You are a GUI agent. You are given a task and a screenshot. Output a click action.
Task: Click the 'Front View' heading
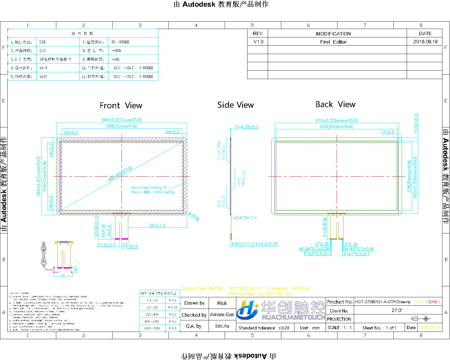pyautogui.click(x=121, y=105)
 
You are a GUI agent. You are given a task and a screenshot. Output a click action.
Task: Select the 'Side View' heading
pyautogui.click(x=235, y=105)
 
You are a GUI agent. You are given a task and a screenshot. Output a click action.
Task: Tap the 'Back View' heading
pyautogui.click(x=335, y=104)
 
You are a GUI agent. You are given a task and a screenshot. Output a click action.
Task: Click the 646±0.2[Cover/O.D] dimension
pyautogui.click(x=121, y=120)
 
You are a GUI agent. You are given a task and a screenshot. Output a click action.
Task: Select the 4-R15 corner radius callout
pyautogui.click(x=194, y=216)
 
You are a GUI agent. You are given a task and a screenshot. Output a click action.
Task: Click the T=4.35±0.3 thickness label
pyautogui.click(x=247, y=127)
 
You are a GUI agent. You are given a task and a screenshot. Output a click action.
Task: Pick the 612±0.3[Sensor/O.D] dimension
pyautogui.click(x=336, y=120)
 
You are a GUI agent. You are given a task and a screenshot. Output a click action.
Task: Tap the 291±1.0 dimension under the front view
pyautogui.click(x=157, y=226)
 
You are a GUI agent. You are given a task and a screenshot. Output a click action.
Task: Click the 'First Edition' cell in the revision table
pyautogui.click(x=333, y=42)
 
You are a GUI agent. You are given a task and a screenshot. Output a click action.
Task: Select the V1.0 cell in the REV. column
pyautogui.click(x=258, y=42)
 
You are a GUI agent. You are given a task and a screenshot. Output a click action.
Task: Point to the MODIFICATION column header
pyautogui.click(x=333, y=34)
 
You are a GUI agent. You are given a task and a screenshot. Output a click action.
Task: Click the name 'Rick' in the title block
pyautogui.click(x=222, y=303)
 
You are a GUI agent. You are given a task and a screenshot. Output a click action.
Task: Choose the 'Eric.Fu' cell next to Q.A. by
pyautogui.click(x=222, y=326)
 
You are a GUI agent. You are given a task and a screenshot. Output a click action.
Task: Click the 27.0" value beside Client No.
pyautogui.click(x=397, y=310)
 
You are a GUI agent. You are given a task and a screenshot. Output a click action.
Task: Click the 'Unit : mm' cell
pyautogui.click(x=310, y=328)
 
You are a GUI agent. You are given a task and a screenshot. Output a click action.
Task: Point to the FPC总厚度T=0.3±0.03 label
pyautogui.click(x=255, y=244)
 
